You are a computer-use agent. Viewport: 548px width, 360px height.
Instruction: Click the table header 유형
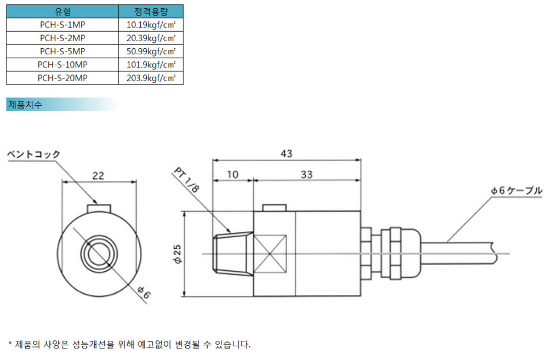62,12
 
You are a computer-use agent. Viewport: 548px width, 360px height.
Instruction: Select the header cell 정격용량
151,12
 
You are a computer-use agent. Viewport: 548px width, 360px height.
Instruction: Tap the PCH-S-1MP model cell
62,25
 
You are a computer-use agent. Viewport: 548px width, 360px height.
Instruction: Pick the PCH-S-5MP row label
62,52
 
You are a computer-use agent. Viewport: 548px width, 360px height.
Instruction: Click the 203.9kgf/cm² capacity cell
151,78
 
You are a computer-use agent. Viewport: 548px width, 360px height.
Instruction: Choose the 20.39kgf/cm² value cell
151,38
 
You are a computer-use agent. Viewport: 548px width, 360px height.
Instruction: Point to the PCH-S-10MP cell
62,65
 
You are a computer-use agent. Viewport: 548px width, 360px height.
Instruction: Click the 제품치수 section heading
25,105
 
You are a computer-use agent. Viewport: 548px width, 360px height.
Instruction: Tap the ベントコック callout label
34,154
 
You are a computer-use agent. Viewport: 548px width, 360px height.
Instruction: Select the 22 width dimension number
98,175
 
